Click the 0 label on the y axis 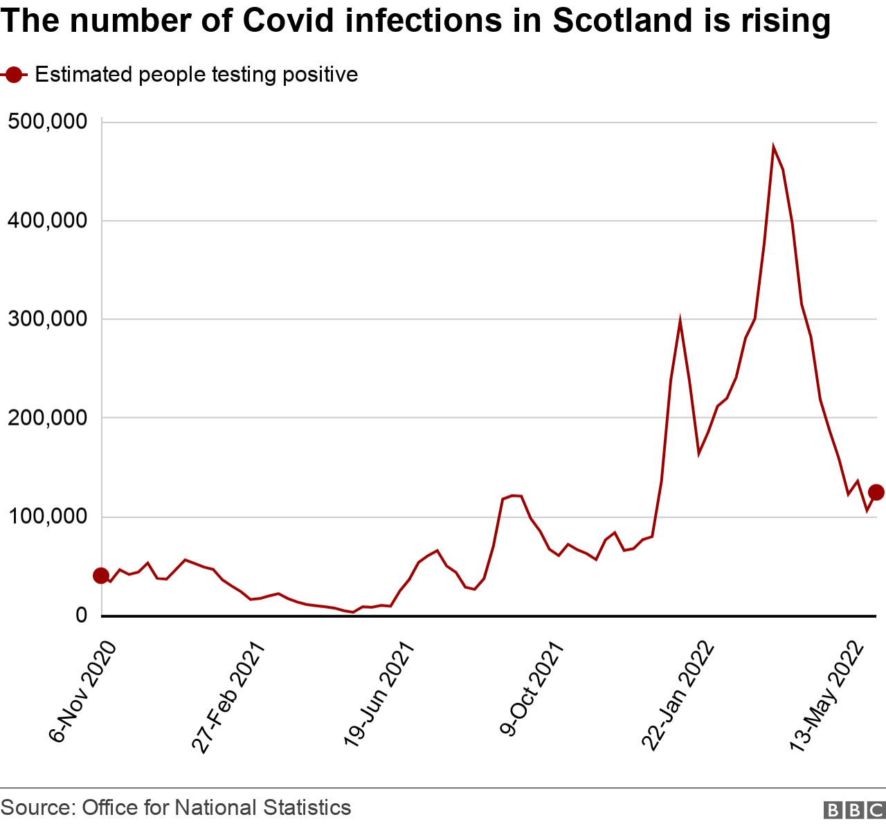pos(81,616)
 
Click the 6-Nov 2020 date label pos(82,692)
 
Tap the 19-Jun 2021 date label pos(379,695)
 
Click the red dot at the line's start pos(101,576)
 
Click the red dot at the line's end pos(876,492)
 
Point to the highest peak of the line pos(773,147)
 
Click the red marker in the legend pos(13,75)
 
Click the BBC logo pos(854,810)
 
